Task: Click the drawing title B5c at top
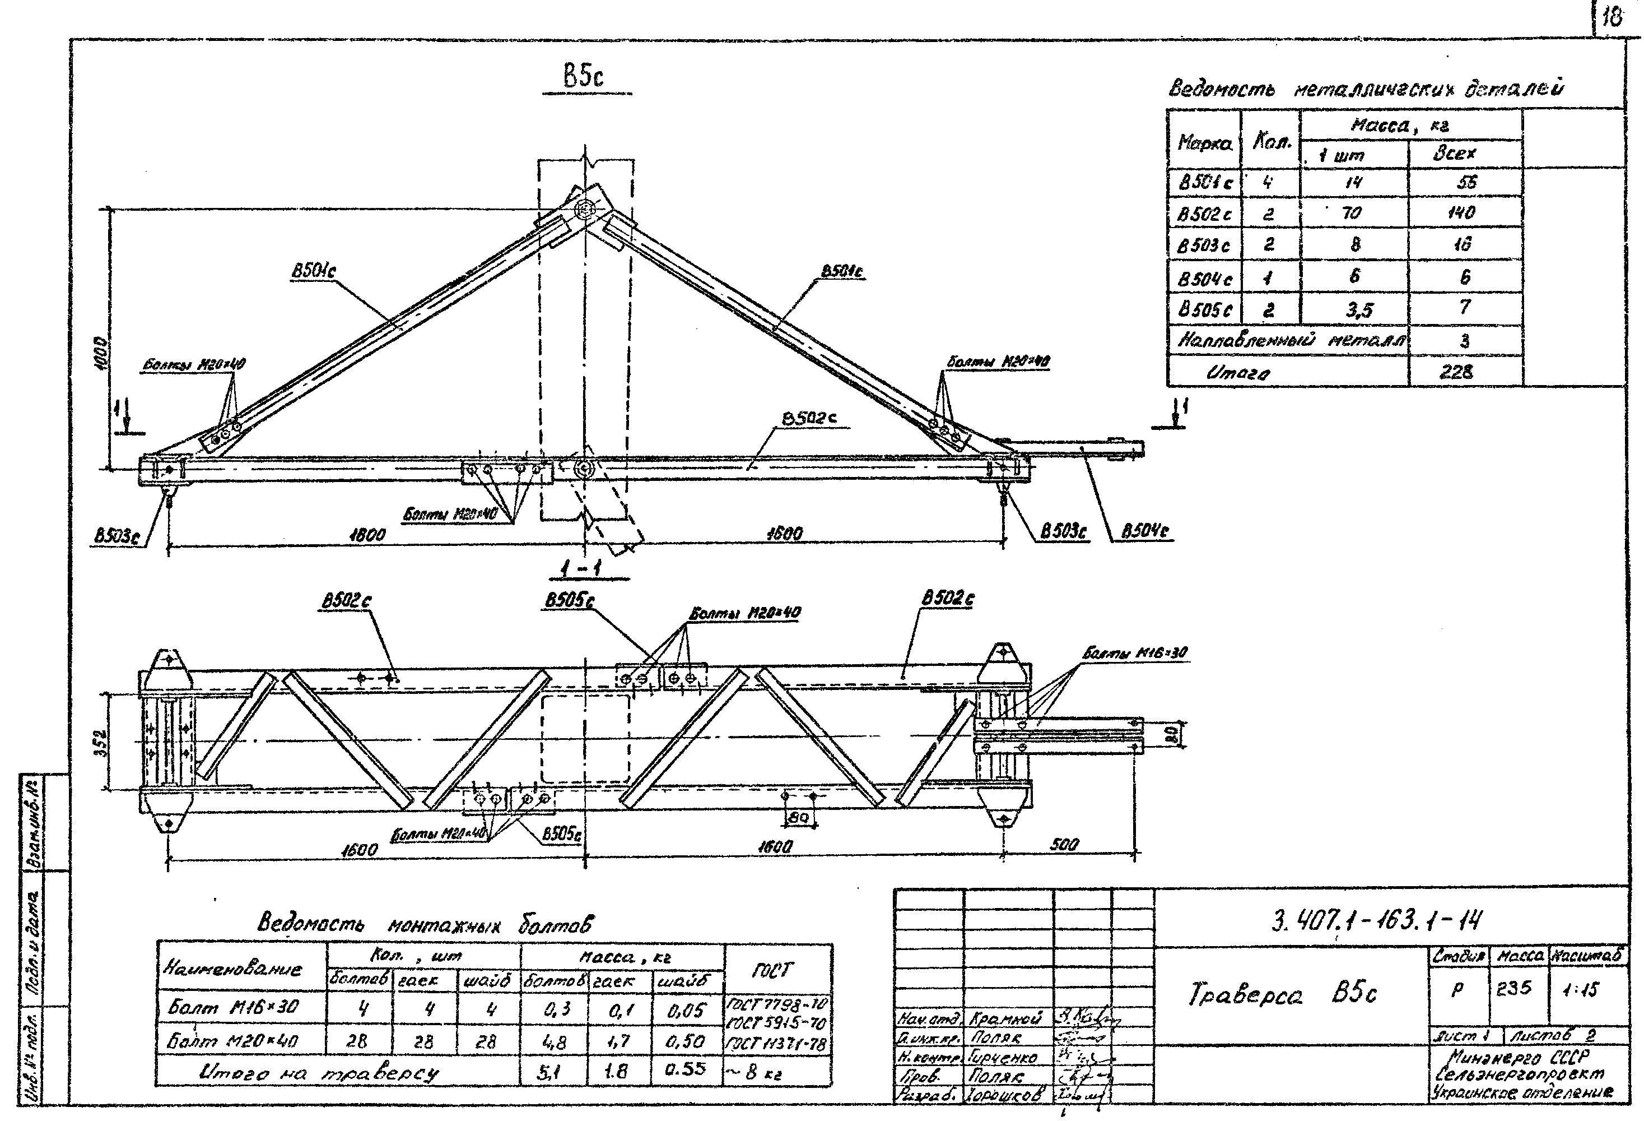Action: pyautogui.click(x=584, y=76)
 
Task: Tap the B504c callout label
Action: pyautogui.click(x=1145, y=531)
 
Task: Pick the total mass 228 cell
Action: pyautogui.click(x=1456, y=371)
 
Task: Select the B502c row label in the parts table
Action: pyautogui.click(x=1203, y=213)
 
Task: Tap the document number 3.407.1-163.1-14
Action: pyautogui.click(x=1376, y=920)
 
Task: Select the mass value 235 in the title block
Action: pyautogui.click(x=1514, y=989)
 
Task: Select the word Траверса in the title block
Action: pyautogui.click(x=1245, y=994)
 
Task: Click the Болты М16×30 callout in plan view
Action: pyautogui.click(x=1135, y=652)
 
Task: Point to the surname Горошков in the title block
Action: pyautogui.click(x=1004, y=1095)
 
